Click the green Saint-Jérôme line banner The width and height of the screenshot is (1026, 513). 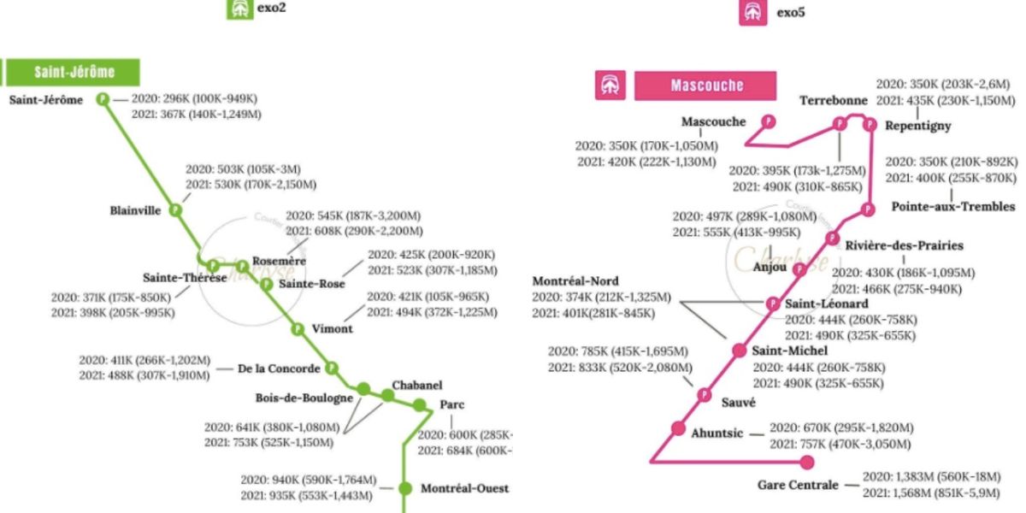(x=73, y=72)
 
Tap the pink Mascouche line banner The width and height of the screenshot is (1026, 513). (x=705, y=85)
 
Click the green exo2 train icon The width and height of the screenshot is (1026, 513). (x=238, y=9)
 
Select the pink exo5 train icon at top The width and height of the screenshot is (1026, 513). (x=752, y=11)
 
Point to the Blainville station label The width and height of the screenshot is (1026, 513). (x=135, y=210)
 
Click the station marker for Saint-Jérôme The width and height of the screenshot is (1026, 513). (x=103, y=99)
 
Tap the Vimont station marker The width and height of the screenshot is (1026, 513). (x=298, y=329)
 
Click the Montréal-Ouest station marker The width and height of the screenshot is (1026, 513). (x=405, y=488)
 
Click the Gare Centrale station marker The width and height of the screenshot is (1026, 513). (x=806, y=463)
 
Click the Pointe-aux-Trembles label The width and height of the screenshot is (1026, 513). (x=952, y=206)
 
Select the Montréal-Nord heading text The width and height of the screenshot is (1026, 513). (x=575, y=281)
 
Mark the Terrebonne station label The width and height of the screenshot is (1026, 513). (x=834, y=101)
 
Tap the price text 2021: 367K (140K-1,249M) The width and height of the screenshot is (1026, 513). (x=197, y=114)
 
